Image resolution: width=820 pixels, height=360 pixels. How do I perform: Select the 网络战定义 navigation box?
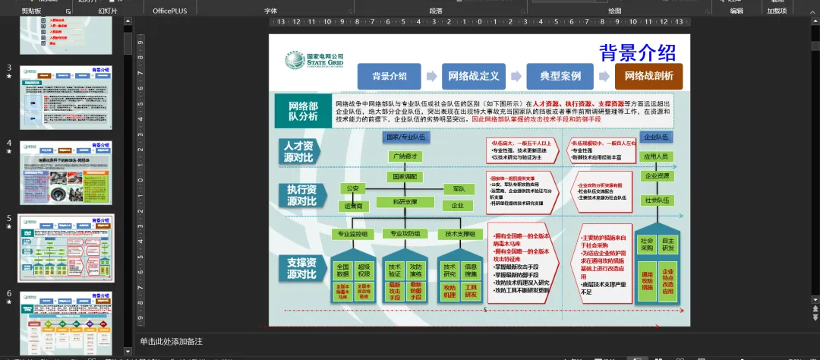point(473,76)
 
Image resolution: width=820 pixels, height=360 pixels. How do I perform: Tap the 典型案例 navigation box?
point(560,76)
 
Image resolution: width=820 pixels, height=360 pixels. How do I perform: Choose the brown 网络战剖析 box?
point(648,76)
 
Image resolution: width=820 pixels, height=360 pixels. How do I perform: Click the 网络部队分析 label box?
point(303,112)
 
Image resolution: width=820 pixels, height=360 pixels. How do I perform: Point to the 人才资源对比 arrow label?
point(298,151)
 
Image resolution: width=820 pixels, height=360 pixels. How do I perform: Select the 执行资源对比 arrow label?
point(301,195)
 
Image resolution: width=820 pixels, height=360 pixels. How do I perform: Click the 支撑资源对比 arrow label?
point(301,268)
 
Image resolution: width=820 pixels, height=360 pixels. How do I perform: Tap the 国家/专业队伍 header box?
point(405,137)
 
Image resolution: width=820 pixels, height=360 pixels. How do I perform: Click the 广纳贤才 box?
point(405,156)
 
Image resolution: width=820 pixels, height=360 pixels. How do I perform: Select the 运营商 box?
point(354,206)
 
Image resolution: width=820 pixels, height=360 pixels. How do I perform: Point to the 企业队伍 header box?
point(656,137)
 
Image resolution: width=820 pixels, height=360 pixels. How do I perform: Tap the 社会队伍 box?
point(656,200)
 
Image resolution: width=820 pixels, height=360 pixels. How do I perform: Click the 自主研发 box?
point(668,244)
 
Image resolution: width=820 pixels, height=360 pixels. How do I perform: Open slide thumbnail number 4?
point(67,172)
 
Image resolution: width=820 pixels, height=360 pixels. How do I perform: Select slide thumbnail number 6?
point(67,322)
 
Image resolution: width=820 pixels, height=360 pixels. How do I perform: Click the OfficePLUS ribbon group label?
point(170,11)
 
